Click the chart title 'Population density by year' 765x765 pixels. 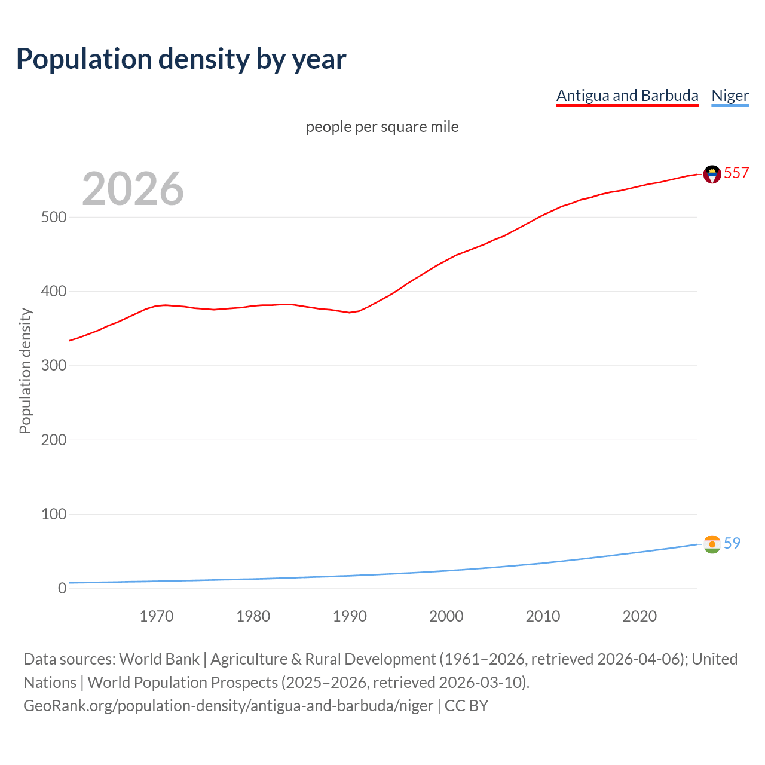181,59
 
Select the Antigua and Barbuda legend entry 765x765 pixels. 627,96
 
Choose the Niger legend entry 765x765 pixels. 730,96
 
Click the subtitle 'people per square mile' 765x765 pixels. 382,127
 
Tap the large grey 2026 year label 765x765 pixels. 133,189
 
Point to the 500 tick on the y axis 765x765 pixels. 54,217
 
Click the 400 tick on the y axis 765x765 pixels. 54,292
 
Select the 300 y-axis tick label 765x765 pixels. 54,366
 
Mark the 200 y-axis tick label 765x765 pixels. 54,440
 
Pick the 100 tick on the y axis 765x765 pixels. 54,514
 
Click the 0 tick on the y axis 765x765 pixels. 62,588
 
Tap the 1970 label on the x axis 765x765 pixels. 157,616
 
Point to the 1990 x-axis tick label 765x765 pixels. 350,616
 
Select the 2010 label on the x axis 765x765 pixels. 543,616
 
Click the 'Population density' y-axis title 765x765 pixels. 25,371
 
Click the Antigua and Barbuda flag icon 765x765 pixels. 712,174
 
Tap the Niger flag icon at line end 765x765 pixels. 712,544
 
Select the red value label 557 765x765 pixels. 736,173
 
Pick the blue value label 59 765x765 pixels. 732,543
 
